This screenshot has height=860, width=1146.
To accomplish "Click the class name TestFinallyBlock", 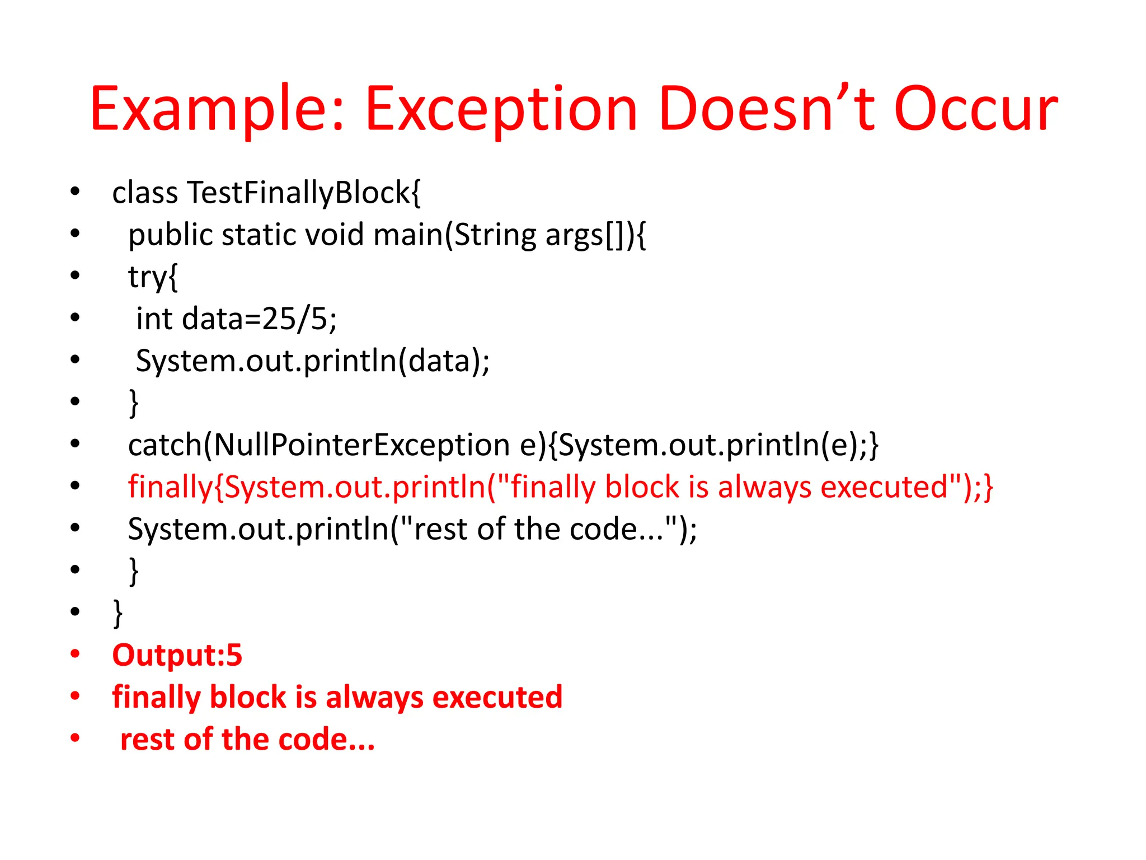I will (x=304, y=193).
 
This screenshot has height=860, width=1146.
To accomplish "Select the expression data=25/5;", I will (x=260, y=319).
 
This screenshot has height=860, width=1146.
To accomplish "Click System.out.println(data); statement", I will (x=312, y=361).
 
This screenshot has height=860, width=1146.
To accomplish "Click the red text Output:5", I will (x=177, y=655).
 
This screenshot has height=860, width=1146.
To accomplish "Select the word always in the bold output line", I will (x=374, y=698).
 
